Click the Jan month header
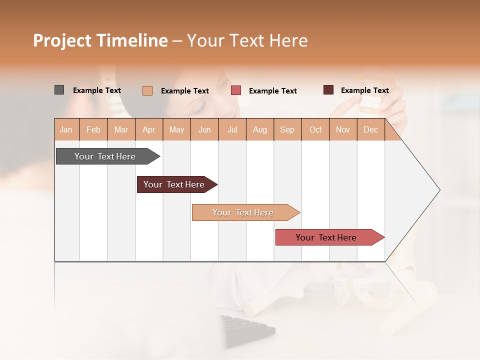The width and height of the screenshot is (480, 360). point(66,129)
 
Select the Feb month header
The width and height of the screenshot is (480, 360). point(93,129)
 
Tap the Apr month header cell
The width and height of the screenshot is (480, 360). point(148,129)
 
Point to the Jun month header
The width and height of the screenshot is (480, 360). point(204,129)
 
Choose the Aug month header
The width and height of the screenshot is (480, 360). point(259,129)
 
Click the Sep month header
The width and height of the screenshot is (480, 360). point(287,129)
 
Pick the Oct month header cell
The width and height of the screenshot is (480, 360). point(315,129)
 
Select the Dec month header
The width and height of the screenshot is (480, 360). point(370,129)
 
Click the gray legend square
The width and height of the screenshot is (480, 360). point(59,90)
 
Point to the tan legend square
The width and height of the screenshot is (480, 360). point(147,90)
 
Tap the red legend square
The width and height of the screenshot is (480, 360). point(236,90)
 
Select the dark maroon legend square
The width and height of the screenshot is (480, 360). point(328,90)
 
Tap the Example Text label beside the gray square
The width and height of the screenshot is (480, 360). point(97,90)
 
